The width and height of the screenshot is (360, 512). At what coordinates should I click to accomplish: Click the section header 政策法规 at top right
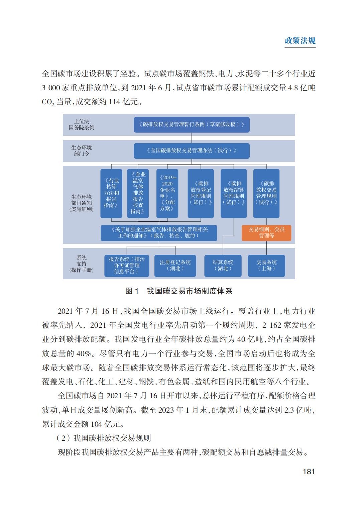click(x=300, y=41)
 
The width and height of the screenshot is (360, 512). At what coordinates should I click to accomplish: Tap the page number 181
click(x=309, y=472)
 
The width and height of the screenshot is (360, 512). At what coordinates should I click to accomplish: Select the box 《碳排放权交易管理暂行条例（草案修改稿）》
click(x=192, y=124)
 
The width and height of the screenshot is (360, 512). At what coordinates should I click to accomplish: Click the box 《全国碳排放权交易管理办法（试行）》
click(x=192, y=151)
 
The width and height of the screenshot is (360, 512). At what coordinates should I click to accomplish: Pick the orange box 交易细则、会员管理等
click(x=266, y=232)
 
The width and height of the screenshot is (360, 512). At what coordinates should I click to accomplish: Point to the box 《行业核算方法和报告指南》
click(x=111, y=193)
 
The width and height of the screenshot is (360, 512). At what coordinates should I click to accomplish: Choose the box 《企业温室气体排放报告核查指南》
click(x=138, y=193)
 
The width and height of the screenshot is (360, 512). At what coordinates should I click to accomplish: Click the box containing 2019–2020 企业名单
click(x=167, y=193)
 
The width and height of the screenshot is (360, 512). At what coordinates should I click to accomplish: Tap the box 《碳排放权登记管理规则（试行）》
click(x=201, y=193)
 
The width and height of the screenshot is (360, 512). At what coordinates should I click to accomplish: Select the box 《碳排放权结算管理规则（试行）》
click(x=234, y=193)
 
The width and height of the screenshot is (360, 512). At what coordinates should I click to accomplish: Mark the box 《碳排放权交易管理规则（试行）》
click(x=266, y=193)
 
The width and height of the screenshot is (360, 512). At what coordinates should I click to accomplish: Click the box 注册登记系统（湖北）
click(x=175, y=266)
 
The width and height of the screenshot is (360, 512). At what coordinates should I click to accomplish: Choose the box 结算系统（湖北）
click(x=223, y=266)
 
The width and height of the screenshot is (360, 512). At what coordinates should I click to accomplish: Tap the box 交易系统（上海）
click(x=266, y=266)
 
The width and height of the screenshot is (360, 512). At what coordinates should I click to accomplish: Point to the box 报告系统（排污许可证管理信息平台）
click(x=127, y=266)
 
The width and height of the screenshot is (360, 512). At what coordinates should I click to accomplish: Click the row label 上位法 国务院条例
click(x=82, y=124)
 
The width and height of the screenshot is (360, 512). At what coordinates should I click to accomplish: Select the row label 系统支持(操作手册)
click(x=82, y=264)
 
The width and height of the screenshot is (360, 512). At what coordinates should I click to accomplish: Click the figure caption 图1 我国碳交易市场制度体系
click(x=178, y=291)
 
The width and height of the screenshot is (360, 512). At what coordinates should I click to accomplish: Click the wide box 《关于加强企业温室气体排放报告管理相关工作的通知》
click(x=159, y=232)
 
